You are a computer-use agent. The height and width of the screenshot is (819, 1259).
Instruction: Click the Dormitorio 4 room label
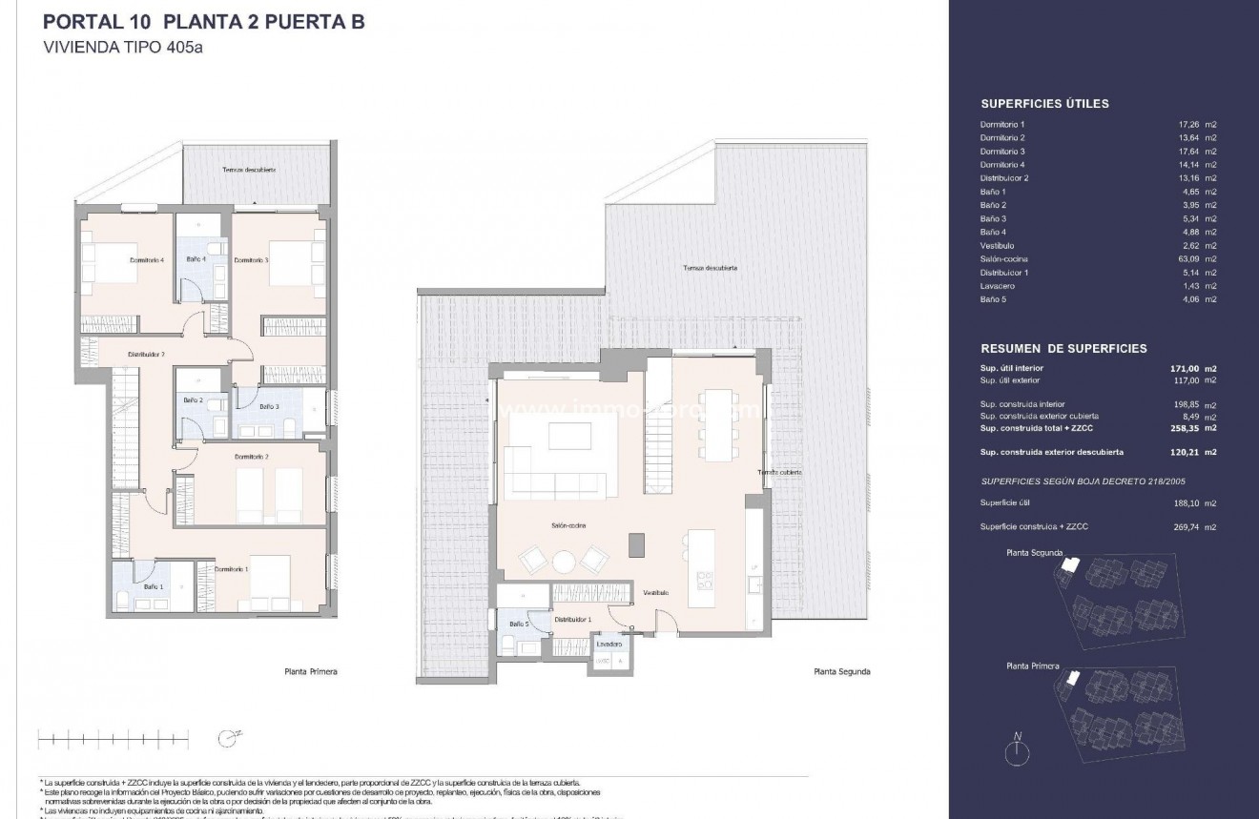click(148, 259)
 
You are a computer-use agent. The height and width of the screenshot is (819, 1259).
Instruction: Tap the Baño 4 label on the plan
click(196, 259)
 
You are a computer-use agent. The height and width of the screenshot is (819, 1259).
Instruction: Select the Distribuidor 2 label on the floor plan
click(147, 354)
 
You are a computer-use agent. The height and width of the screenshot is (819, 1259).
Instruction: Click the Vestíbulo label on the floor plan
click(655, 592)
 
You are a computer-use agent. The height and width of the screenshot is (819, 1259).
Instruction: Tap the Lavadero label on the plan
click(609, 644)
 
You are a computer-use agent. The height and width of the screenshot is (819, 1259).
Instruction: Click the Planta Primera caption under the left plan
click(311, 672)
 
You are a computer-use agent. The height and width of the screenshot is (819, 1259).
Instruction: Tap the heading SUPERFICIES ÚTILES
click(1044, 105)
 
